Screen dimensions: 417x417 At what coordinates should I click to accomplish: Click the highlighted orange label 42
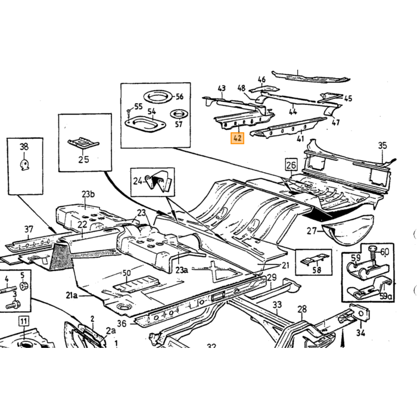pos(237,138)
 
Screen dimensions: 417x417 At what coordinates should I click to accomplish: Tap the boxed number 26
pos(291,165)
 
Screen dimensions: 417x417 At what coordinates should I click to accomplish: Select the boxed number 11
pos(24,321)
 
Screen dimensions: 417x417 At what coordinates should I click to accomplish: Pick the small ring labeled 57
pos(179,114)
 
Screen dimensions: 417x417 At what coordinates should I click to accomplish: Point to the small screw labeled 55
pos(129,113)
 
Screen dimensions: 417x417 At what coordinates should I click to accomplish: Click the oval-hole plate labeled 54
pos(145,124)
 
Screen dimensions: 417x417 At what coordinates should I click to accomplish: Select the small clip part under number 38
pos(24,164)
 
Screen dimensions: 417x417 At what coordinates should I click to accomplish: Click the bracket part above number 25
pos(83,143)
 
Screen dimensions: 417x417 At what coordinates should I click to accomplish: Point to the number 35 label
pos(382,146)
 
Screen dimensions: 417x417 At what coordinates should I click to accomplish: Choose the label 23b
pos(88,194)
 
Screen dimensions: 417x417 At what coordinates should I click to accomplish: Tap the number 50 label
pos(126,273)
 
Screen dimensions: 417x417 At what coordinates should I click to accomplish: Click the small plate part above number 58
pos(315,259)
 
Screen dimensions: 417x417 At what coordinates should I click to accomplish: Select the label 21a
pos(72,295)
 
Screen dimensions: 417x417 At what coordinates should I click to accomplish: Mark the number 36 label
pos(122,323)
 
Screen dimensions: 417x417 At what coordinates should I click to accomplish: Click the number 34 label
pos(360,332)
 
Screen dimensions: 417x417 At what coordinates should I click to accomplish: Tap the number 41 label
pos(300,139)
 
